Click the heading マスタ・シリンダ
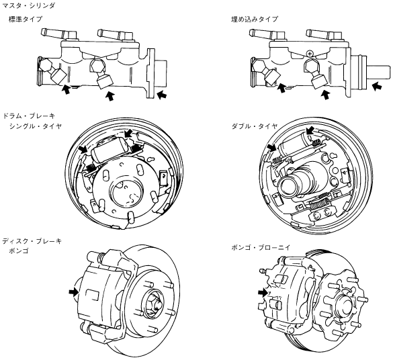[28, 5]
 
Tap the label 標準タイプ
[25, 19]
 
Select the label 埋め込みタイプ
[255, 19]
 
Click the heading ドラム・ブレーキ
[28, 116]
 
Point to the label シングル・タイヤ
[35, 126]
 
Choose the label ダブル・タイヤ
[255, 126]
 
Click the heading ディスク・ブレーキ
[32, 241]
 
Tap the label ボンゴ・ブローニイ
[261, 248]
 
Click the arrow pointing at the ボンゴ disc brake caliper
[74, 292]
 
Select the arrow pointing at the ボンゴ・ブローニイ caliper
[263, 292]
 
